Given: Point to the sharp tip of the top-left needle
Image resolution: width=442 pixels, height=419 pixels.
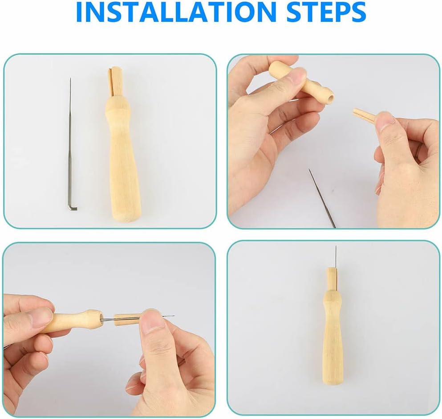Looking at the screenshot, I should (70, 80).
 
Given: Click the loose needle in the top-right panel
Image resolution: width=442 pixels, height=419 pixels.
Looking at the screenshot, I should (322, 198).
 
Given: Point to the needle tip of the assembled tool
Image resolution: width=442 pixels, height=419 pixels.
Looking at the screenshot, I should (336, 247).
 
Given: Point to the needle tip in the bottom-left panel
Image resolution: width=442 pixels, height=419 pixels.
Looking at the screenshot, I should (173, 316).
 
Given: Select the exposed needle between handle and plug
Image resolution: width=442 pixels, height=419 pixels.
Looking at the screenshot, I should (108, 319).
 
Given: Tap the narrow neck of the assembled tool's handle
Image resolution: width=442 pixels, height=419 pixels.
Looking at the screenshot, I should (333, 294).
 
